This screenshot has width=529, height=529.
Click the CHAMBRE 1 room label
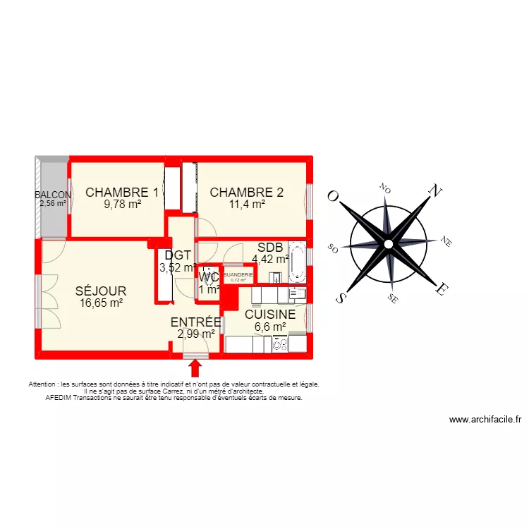[x=122, y=192]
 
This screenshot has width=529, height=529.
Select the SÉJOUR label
[x=101, y=291]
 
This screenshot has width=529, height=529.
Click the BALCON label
[x=53, y=195]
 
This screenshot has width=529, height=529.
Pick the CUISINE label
[x=270, y=315]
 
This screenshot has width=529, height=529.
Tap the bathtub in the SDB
[x=299, y=260]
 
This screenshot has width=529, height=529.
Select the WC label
[x=209, y=276]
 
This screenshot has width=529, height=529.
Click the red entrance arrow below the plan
[x=195, y=368]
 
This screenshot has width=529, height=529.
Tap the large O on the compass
[x=332, y=197]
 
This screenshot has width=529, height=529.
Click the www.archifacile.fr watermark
[x=485, y=420]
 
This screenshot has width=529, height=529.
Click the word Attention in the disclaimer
[x=44, y=384]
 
